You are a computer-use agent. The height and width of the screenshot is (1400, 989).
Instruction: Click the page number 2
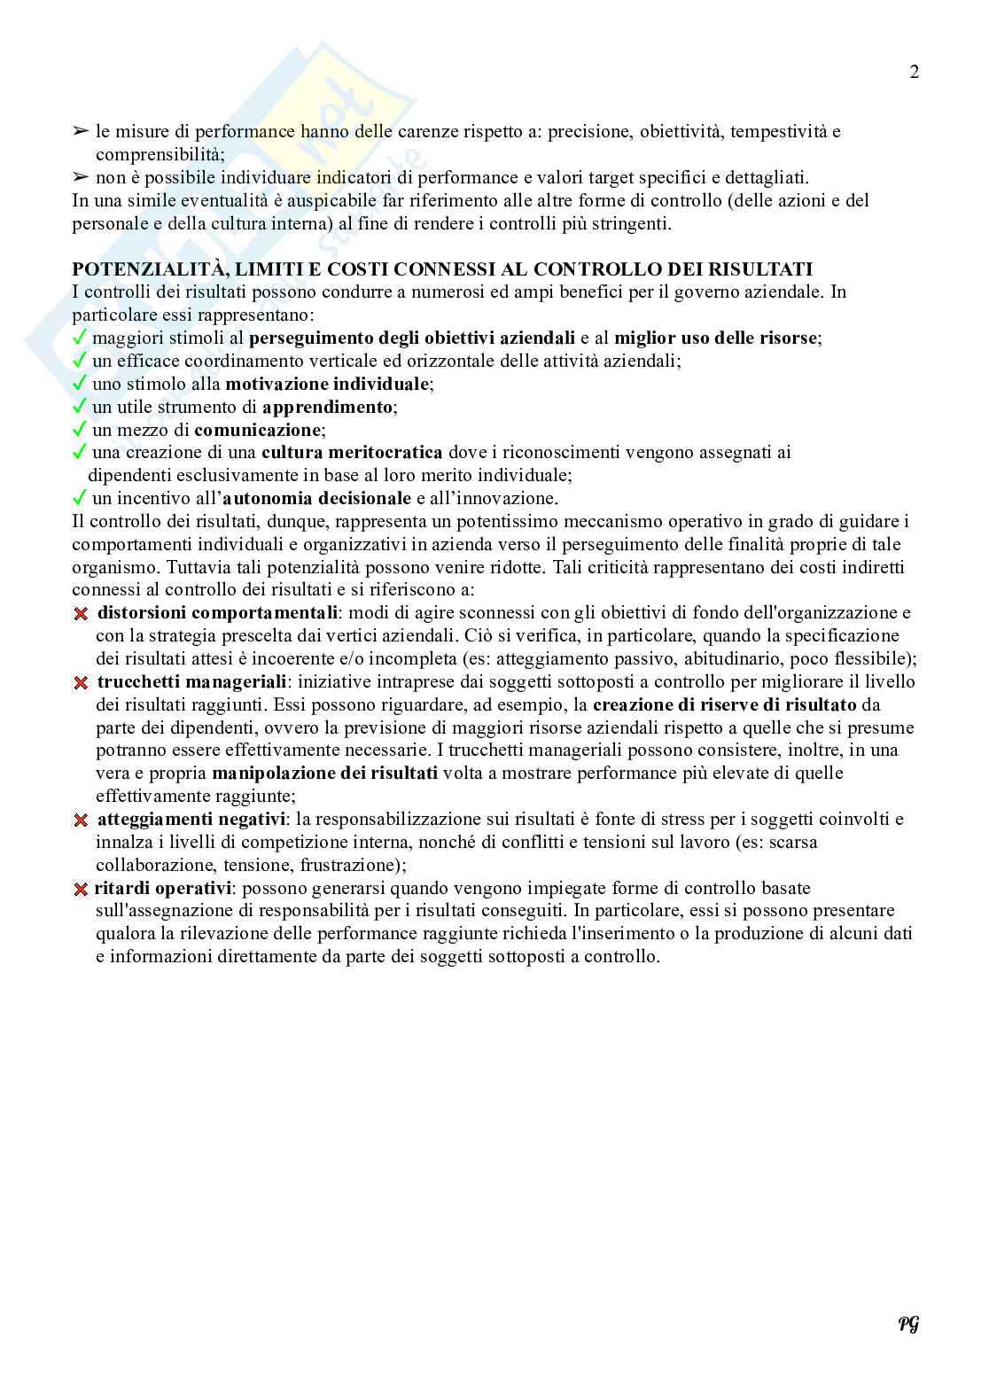click(x=914, y=73)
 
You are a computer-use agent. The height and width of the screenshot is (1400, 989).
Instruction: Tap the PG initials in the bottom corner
click(x=908, y=1324)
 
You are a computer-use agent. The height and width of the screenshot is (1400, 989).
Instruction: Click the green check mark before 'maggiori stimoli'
click(x=80, y=338)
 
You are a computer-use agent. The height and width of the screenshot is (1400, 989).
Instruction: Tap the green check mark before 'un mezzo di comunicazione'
click(x=80, y=430)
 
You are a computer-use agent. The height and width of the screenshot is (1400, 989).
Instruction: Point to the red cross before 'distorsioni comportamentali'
click(x=81, y=613)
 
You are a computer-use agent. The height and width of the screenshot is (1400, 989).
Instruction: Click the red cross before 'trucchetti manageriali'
click(x=81, y=682)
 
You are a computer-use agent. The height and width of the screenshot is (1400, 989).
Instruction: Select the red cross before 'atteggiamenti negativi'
click(x=81, y=821)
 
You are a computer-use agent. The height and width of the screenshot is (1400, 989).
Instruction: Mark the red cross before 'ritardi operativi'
click(x=81, y=889)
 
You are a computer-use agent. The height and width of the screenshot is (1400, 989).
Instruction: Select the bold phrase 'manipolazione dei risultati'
click(x=324, y=774)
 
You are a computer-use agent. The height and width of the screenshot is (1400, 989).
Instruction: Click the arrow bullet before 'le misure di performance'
click(x=81, y=132)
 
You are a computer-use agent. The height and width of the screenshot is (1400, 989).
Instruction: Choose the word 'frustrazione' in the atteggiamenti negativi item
click(x=347, y=865)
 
